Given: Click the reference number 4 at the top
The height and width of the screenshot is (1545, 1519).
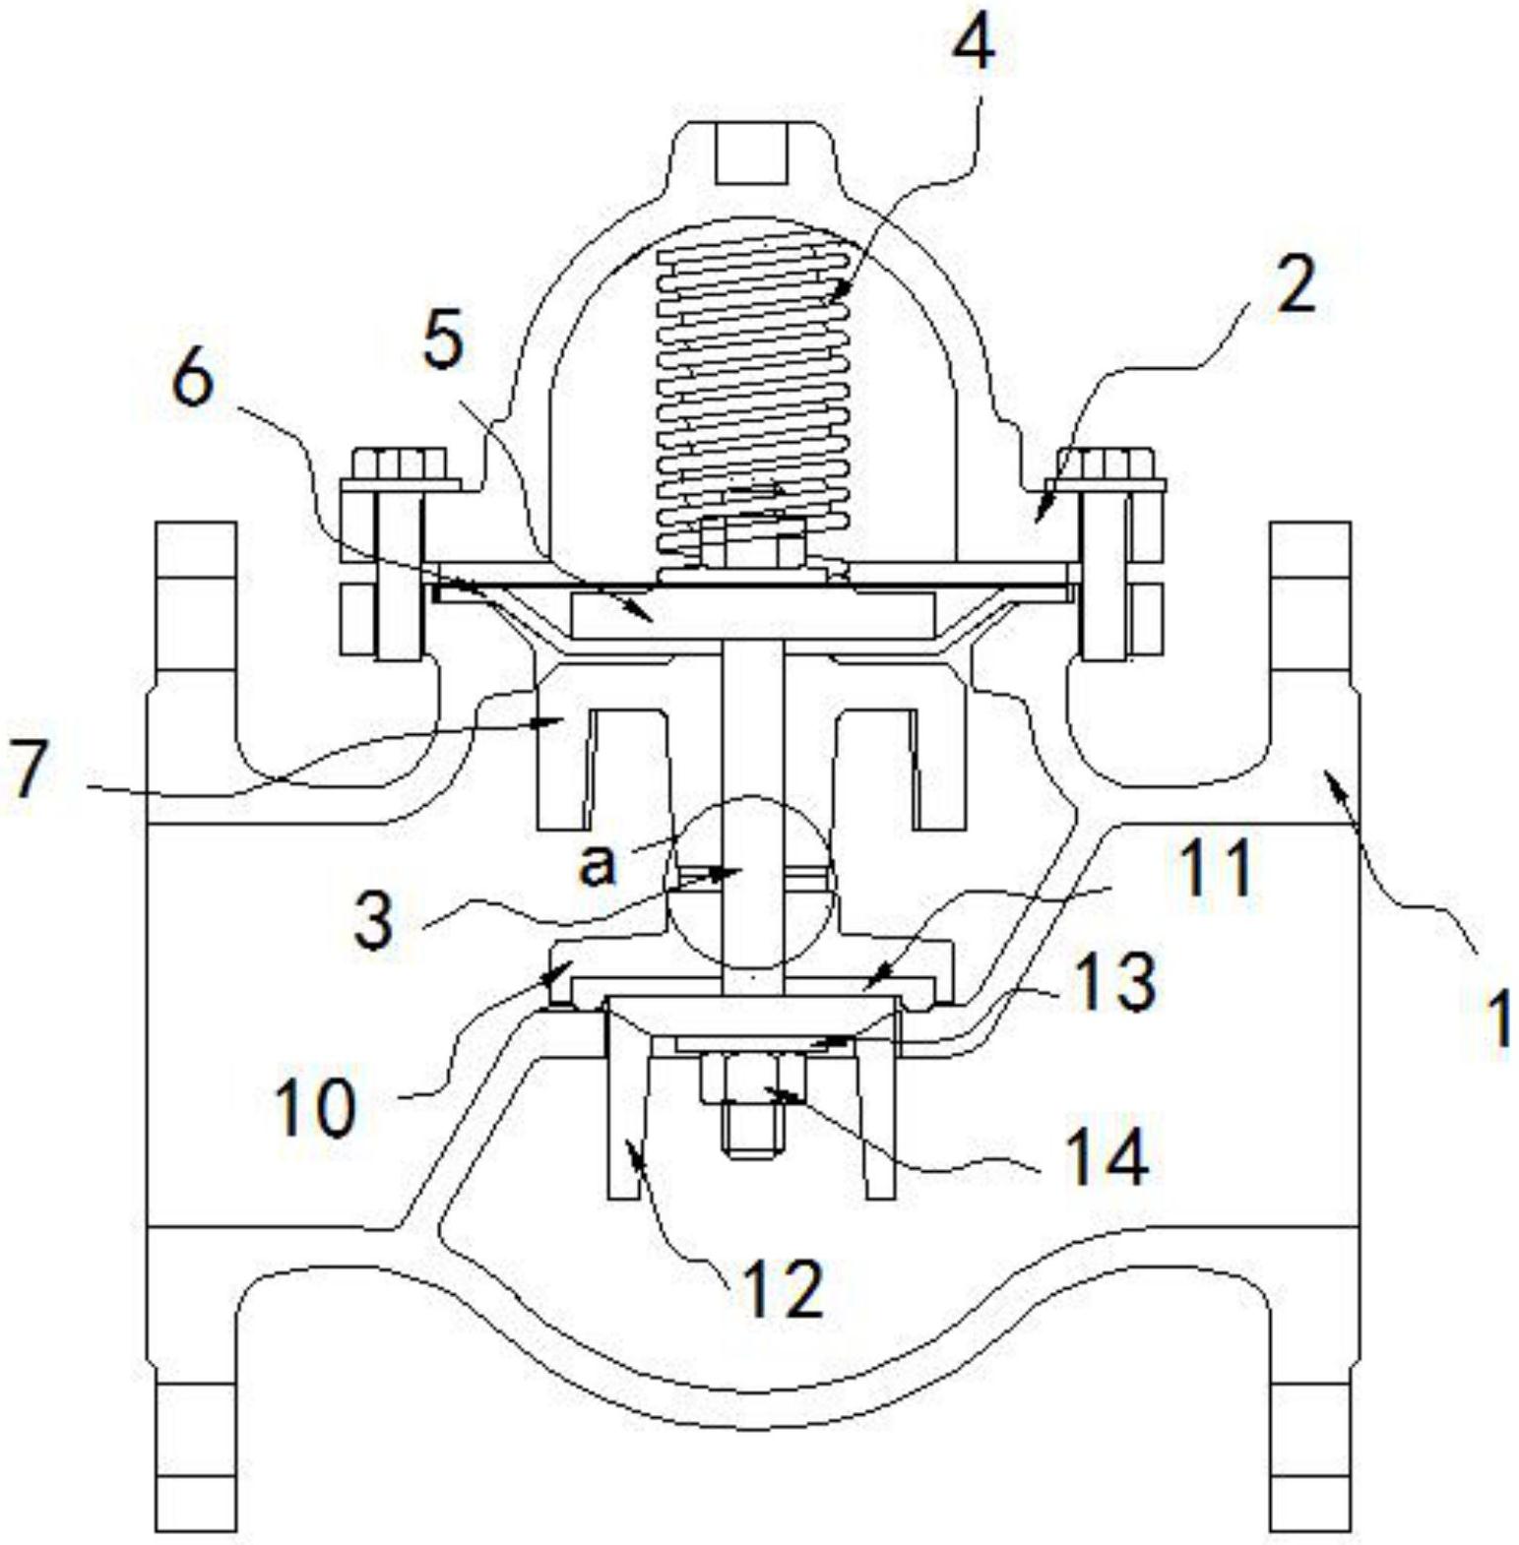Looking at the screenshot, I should [x=972, y=40].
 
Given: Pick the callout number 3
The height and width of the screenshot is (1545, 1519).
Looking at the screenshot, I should [x=374, y=920].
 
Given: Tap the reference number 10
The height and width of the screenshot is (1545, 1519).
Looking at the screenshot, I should [x=314, y=1106].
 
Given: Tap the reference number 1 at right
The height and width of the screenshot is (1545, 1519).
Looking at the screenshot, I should [x=1498, y=1019].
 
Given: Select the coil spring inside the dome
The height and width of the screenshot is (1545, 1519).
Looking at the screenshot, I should [x=753, y=384].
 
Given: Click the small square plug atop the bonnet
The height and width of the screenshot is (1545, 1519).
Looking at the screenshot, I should [x=753, y=153].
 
